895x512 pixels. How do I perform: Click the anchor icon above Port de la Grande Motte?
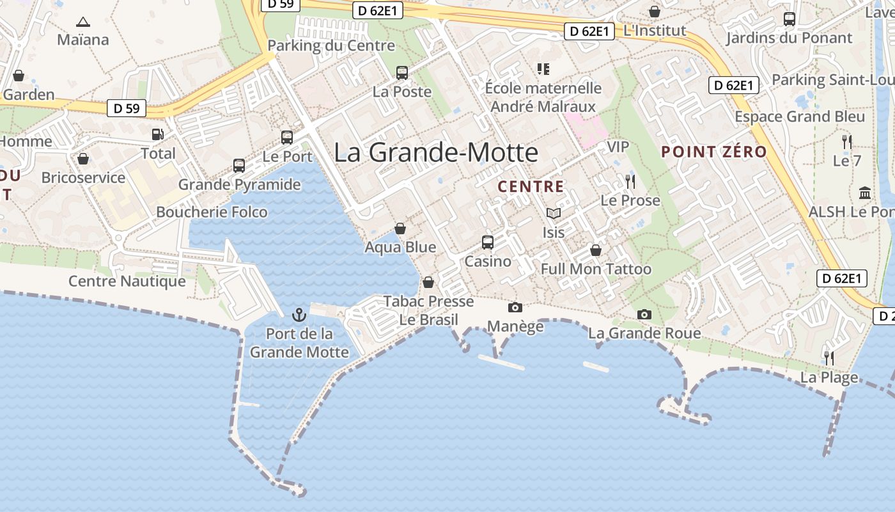click(x=299, y=315)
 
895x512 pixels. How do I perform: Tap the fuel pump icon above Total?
click(x=157, y=134)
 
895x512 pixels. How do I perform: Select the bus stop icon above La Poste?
click(x=402, y=73)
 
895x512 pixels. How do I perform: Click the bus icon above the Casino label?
click(x=488, y=243)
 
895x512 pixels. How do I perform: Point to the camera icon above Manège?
click(x=515, y=308)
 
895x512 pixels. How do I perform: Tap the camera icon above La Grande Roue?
click(x=644, y=314)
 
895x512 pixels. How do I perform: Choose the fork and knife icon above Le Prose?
click(x=630, y=182)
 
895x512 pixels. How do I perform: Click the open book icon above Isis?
click(x=554, y=214)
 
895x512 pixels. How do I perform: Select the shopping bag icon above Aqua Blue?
click(x=400, y=228)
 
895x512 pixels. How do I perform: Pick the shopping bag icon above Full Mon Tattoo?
click(x=596, y=250)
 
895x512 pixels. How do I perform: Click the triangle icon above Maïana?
click(x=83, y=22)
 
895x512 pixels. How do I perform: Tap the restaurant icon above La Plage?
click(x=829, y=358)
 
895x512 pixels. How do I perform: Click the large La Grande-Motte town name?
click(x=436, y=153)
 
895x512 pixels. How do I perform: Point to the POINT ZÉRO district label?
click(x=713, y=152)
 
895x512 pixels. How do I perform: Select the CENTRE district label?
click(x=531, y=187)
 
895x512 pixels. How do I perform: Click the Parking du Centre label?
click(x=331, y=45)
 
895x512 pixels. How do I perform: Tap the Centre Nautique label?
click(x=127, y=281)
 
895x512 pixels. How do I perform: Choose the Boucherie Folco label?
click(x=212, y=212)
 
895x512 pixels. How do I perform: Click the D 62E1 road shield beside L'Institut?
click(x=589, y=31)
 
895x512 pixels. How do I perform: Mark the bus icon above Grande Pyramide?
click(x=239, y=166)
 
